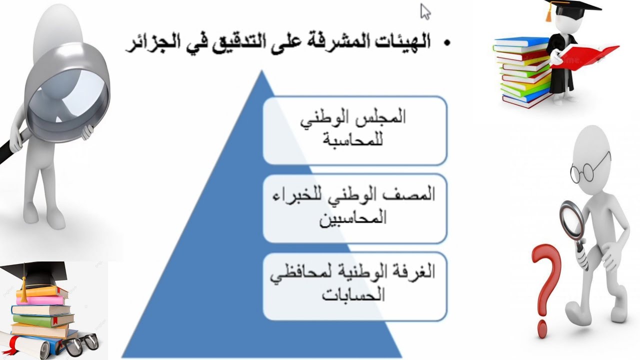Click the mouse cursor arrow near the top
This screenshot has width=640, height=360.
(425, 11)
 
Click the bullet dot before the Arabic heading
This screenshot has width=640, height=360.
(446, 43)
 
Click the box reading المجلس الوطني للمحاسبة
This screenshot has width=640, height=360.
(354, 130)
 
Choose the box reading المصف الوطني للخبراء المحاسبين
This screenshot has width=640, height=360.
(354, 208)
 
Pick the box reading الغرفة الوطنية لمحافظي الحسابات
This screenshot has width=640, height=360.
(354, 286)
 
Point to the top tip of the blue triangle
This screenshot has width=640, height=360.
(261, 71)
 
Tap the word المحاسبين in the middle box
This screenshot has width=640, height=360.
(354, 218)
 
